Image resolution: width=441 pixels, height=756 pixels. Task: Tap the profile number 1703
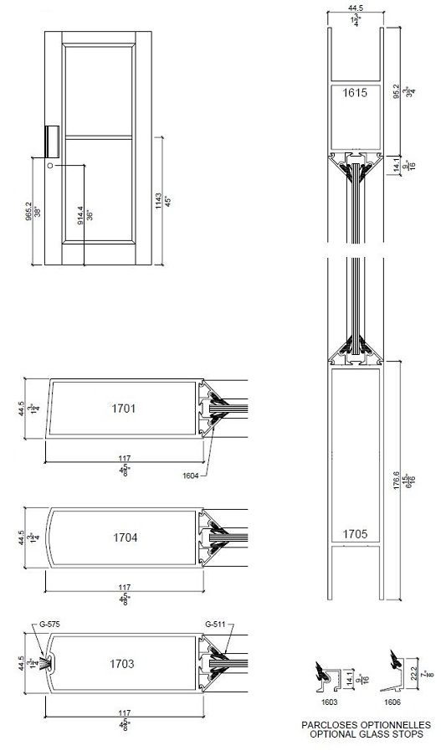pos(122,664)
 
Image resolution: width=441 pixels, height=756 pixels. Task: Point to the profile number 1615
pos(356,94)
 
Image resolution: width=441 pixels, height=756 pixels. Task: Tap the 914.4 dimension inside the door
pos(80,214)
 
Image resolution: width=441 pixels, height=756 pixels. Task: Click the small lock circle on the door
pos(50,167)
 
